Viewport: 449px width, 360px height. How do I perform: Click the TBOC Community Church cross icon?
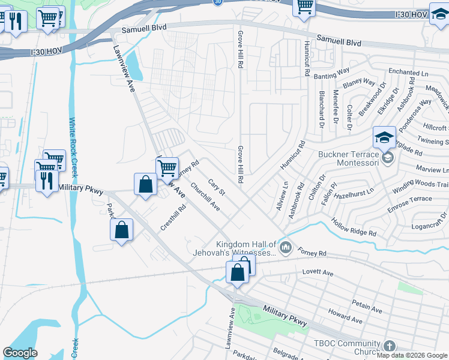point(389,346)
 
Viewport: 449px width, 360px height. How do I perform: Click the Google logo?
point(20,353)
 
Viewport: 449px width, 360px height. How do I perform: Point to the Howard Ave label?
point(345,316)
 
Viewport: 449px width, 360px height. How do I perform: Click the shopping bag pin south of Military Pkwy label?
point(121,230)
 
